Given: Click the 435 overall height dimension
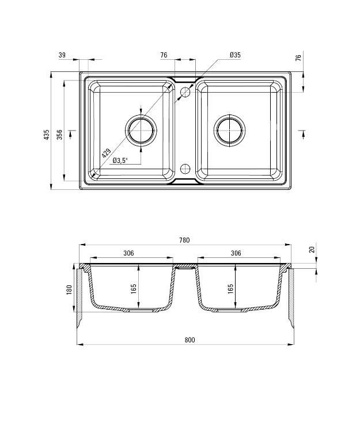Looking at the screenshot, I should (47, 135).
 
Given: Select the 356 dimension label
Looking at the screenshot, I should (59, 135).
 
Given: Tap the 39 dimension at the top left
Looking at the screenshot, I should (62, 55).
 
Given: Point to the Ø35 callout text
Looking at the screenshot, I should (234, 55).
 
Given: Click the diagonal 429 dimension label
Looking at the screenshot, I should (106, 154).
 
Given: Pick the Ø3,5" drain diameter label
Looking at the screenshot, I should (120, 161).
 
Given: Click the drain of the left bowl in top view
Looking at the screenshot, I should (141, 130).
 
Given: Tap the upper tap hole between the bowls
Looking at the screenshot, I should (185, 91).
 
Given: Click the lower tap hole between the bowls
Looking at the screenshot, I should (185, 169).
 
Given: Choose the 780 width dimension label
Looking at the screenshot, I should (184, 240).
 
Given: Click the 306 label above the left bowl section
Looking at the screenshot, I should (129, 253).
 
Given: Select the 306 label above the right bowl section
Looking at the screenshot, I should (236, 253).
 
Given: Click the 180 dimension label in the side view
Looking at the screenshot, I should (69, 290).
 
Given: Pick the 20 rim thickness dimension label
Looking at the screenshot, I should (312, 250).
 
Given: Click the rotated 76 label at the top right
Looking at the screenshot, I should (298, 58).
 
